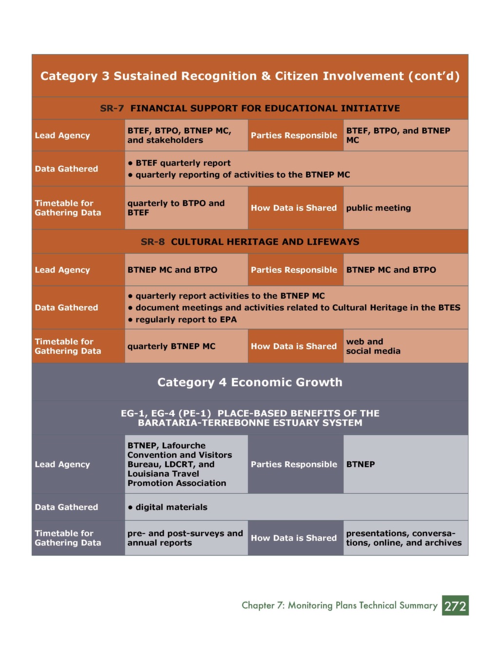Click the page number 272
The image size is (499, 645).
(x=455, y=606)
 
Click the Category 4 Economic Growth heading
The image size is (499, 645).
(x=249, y=382)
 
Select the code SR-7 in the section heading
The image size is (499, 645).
(x=112, y=108)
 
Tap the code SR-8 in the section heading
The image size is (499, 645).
(x=153, y=241)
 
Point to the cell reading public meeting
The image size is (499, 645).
(x=378, y=208)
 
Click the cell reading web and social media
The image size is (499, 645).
(x=373, y=346)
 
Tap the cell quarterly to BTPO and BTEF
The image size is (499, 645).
(x=176, y=208)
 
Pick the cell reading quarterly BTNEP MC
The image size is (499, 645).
(x=171, y=346)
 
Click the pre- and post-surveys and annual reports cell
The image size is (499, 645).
(x=185, y=538)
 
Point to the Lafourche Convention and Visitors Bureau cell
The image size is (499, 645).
(x=179, y=464)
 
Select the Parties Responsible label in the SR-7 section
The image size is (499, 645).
(x=294, y=135)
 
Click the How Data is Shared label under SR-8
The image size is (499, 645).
(x=294, y=346)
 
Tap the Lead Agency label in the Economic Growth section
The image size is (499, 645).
(x=62, y=464)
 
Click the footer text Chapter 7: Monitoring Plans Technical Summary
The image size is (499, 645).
(x=339, y=605)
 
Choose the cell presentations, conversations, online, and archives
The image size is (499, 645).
(x=403, y=538)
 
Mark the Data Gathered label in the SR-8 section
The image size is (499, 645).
(x=66, y=308)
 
